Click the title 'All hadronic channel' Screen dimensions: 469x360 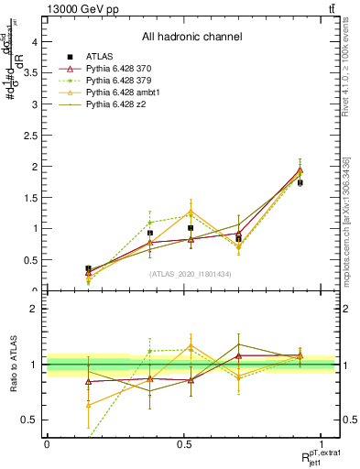coord(191,38)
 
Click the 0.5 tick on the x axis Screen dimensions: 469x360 coord(184,444)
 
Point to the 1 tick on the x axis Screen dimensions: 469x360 coord(322,444)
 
